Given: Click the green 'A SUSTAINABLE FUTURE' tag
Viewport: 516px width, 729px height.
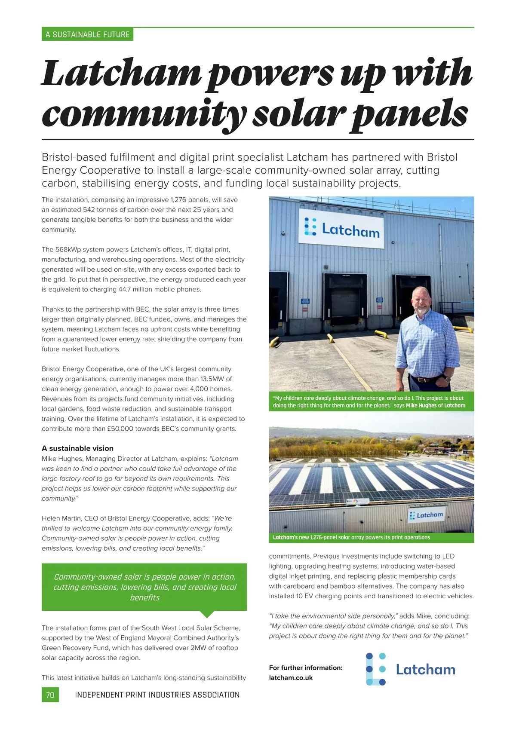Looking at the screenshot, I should click(x=87, y=34).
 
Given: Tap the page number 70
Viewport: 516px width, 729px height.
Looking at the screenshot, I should click(x=50, y=695).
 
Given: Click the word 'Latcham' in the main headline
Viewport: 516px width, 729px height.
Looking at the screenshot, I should click(x=122, y=73).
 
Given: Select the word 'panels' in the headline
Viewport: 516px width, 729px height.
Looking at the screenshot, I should click(x=409, y=114).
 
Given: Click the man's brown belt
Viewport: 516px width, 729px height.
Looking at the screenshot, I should click(x=428, y=380).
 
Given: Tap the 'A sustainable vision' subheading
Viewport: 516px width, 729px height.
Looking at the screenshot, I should click(x=77, y=448).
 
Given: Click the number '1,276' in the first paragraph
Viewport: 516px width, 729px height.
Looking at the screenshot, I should click(x=178, y=200).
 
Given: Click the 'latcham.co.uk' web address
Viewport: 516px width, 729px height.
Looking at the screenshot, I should click(x=291, y=678).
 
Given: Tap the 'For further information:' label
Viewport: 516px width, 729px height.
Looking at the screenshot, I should click(x=306, y=668).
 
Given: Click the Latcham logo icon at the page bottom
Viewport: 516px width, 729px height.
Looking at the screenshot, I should click(x=375, y=669).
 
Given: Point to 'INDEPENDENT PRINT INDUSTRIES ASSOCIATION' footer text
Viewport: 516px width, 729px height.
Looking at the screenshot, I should click(x=157, y=695).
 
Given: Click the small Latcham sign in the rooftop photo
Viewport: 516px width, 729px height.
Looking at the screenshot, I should click(x=426, y=515).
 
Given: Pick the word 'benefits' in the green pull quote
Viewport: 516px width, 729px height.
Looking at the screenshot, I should click(x=144, y=598).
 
